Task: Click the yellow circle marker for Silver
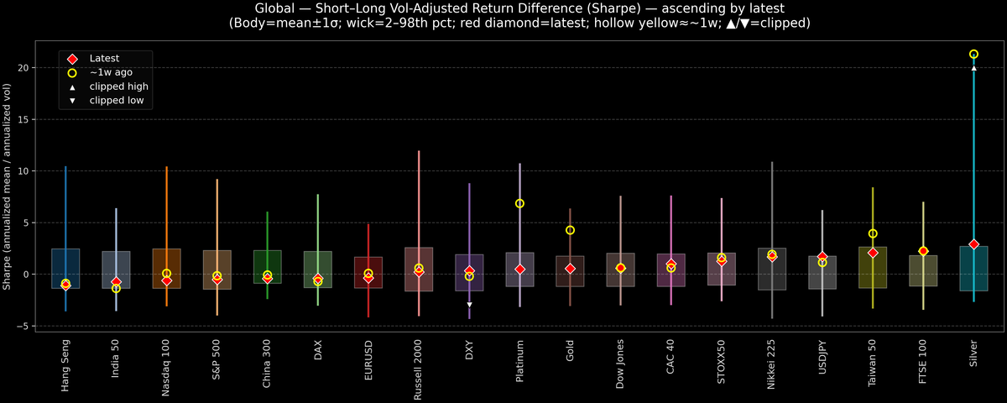973,54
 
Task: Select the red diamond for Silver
973,244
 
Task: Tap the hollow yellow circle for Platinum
519,204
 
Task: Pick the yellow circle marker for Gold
570,230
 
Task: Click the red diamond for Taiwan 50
873,253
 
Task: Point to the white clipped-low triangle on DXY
469,305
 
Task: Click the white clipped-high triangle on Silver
973,68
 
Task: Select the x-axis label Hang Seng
65,365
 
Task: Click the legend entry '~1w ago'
111,73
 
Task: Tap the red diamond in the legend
72,59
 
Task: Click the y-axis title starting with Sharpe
8,186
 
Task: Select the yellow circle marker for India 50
116,289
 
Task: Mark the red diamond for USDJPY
822,257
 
